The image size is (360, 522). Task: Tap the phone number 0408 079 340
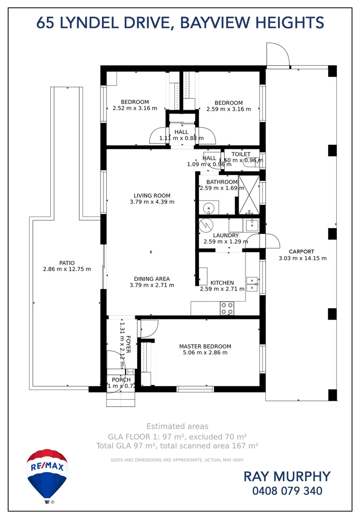tap(287, 492)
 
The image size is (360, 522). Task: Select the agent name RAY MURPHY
tap(287, 476)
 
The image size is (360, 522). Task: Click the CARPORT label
tap(302, 251)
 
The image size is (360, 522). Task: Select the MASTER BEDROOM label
tap(205, 346)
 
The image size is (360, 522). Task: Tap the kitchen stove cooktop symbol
tap(227, 308)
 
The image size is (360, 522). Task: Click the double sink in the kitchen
tap(252, 284)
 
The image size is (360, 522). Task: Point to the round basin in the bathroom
tap(208, 208)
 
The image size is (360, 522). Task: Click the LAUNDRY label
tap(226, 235)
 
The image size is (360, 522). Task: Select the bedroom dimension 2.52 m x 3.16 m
tap(135, 108)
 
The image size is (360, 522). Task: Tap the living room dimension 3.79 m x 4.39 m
tap(152, 202)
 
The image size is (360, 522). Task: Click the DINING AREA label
tap(152, 279)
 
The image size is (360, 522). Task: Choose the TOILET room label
tap(241, 154)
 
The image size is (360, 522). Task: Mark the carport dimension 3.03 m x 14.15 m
tap(302, 258)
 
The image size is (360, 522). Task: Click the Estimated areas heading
tap(177, 426)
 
